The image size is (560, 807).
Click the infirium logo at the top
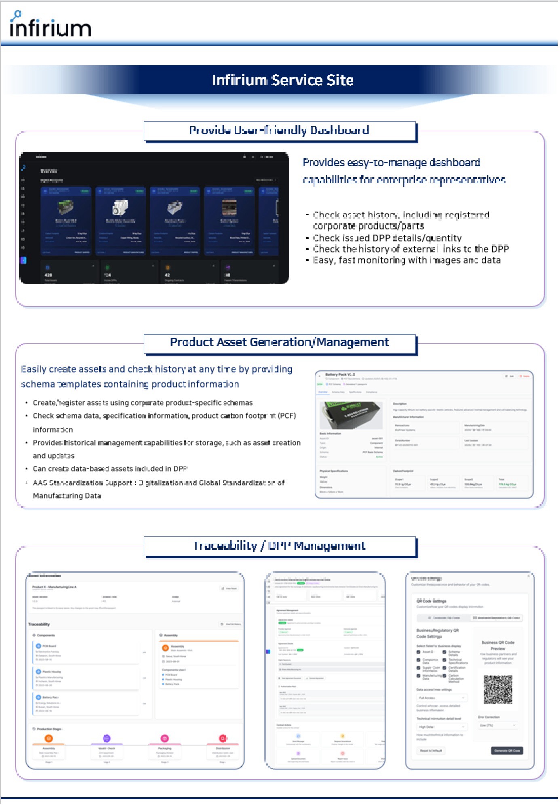point(50,25)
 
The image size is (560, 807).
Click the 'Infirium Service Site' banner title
point(283,80)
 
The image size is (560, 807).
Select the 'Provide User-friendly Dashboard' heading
point(279,131)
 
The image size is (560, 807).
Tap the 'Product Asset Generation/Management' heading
point(279,342)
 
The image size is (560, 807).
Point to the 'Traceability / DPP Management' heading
point(279,546)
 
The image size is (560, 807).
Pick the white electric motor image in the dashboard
point(120,207)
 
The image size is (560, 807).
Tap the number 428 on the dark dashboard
point(48,275)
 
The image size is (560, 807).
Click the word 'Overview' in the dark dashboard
point(49,171)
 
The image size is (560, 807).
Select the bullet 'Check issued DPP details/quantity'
point(387,238)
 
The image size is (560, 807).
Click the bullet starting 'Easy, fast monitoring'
point(407,260)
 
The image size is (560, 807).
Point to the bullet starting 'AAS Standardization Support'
point(158,483)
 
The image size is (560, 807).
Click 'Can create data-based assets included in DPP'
point(110,469)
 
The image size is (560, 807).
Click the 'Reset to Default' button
point(431,751)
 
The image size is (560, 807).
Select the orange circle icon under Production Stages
point(49,739)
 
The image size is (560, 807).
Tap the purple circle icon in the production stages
point(107,739)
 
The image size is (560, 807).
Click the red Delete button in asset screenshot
point(524,376)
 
